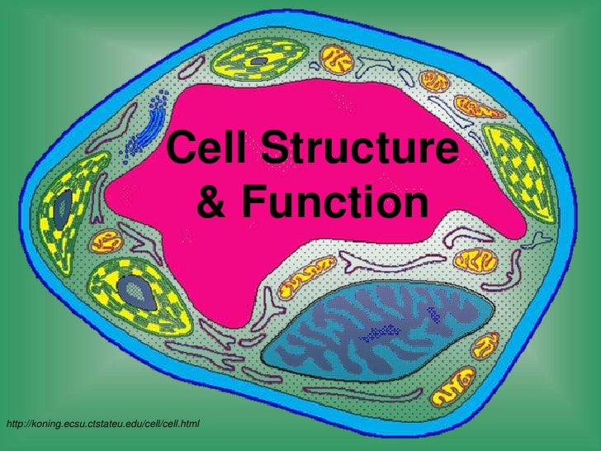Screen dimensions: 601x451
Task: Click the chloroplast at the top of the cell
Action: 263,63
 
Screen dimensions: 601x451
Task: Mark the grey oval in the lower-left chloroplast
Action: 131,289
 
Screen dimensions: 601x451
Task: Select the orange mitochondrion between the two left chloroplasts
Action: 106,241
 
